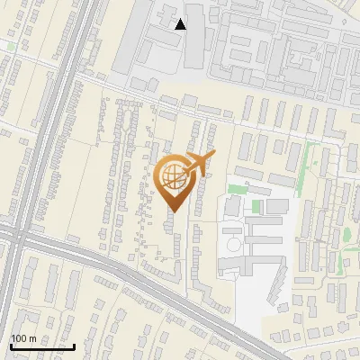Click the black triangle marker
181,24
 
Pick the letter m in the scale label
32,338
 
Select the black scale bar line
41,346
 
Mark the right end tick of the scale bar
74,345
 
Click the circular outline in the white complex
231,246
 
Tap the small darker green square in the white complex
256,207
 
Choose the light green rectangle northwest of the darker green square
237,189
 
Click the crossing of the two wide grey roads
22,241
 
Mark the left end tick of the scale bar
10,345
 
